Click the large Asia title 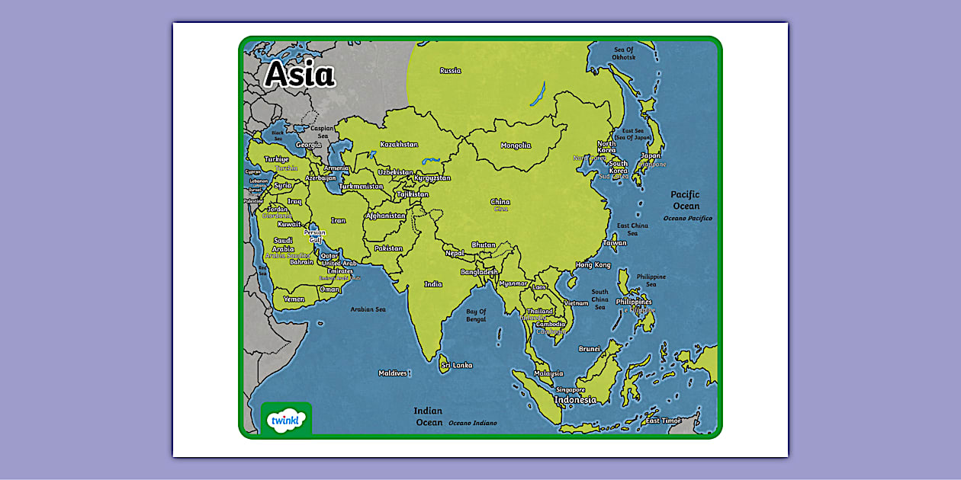(x=300, y=75)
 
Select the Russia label (x=450, y=71)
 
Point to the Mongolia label (x=516, y=146)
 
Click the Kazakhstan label (x=399, y=144)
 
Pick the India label (x=433, y=284)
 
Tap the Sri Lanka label (x=457, y=365)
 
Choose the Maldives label (x=393, y=373)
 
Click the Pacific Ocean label (x=685, y=200)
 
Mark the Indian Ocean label (x=429, y=416)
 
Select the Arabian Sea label (x=368, y=309)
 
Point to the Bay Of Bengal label (x=476, y=315)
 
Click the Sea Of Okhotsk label (x=624, y=53)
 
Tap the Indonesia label (x=575, y=400)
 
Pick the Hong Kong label (x=593, y=265)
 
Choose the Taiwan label (x=615, y=243)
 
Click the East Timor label (x=663, y=421)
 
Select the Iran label (x=338, y=221)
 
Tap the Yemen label (x=294, y=299)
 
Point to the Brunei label (x=590, y=349)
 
